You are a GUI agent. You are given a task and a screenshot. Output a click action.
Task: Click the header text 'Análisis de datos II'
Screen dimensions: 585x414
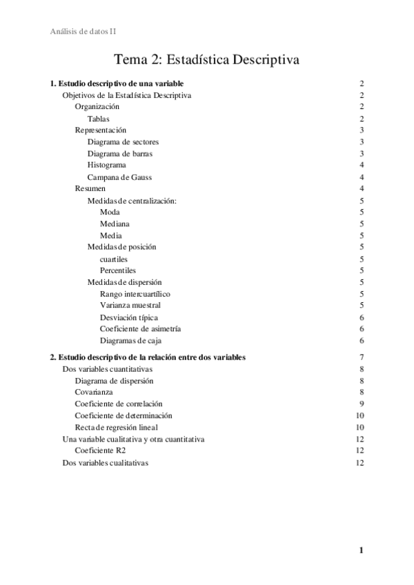click(88, 31)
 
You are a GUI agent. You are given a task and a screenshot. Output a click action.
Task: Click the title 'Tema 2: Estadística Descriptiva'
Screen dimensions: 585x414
click(206, 60)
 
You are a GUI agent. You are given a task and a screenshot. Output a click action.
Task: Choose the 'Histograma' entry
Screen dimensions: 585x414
click(106, 165)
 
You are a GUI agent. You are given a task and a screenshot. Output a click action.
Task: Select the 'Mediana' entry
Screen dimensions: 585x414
click(115, 224)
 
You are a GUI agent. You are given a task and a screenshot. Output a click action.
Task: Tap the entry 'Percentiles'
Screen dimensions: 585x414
click(118, 270)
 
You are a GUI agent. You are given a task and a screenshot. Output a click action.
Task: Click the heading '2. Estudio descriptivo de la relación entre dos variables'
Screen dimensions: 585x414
click(148, 357)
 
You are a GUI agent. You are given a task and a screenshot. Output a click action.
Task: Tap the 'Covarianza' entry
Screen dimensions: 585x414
click(95, 392)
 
